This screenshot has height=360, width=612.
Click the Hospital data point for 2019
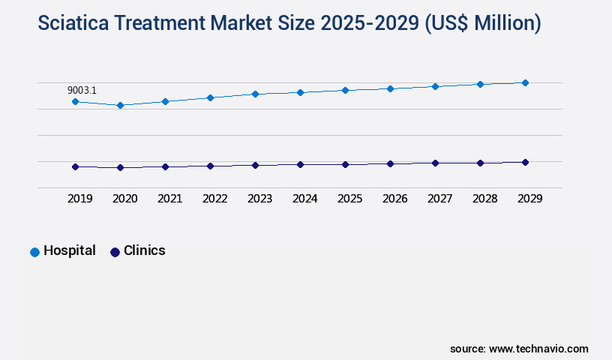point(75,101)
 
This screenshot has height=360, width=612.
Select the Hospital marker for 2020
point(120,105)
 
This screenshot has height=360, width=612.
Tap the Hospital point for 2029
point(525,82)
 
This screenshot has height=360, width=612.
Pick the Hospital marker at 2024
point(300,92)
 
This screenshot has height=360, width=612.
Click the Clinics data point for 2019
point(75,166)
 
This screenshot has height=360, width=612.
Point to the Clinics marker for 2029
point(525,162)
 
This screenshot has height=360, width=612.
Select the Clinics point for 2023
point(255,165)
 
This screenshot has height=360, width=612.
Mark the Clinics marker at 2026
point(390,163)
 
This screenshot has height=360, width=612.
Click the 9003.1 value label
point(82,90)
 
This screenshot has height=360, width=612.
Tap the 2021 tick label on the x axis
point(169,199)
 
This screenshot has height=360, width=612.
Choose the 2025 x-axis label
point(349,199)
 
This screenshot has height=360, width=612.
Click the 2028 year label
point(484,199)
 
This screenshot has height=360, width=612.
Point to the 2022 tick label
point(214,199)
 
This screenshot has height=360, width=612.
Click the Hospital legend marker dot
point(34,252)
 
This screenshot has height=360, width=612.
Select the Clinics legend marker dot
point(115,252)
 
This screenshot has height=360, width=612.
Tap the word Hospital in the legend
point(70,250)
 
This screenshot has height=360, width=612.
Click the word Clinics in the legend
point(145,250)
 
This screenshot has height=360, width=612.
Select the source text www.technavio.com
point(538,349)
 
